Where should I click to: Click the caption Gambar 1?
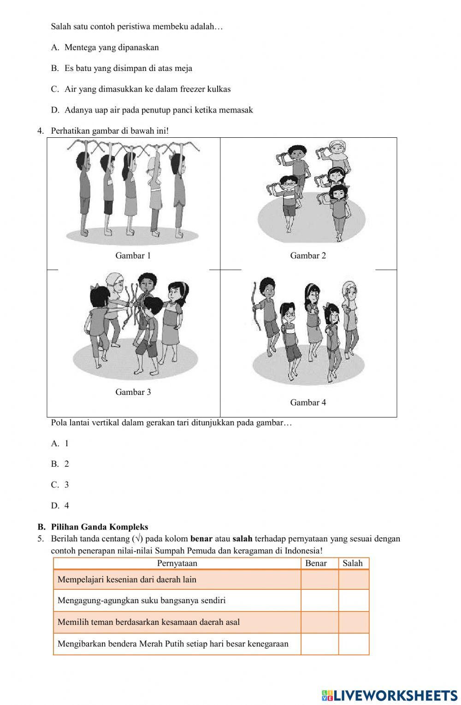click(x=133, y=256)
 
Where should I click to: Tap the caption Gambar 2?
click(x=307, y=256)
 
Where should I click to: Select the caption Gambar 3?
click(x=133, y=392)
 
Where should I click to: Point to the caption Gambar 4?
click(x=307, y=402)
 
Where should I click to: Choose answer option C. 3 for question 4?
click(x=60, y=485)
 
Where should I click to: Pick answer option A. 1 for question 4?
click(x=60, y=443)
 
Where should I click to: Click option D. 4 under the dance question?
click(x=60, y=505)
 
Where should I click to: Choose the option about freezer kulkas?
click(x=147, y=89)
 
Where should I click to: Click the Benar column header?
click(x=316, y=563)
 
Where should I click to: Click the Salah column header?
click(x=353, y=563)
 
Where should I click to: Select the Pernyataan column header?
click(x=177, y=563)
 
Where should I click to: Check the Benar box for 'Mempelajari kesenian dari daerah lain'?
click(x=319, y=580)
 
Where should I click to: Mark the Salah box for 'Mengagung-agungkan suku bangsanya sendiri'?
click(x=354, y=600)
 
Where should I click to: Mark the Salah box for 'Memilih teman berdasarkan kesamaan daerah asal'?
click(x=354, y=622)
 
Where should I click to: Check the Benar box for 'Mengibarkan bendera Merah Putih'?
click(x=319, y=644)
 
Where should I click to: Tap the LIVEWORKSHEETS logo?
click(x=390, y=695)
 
